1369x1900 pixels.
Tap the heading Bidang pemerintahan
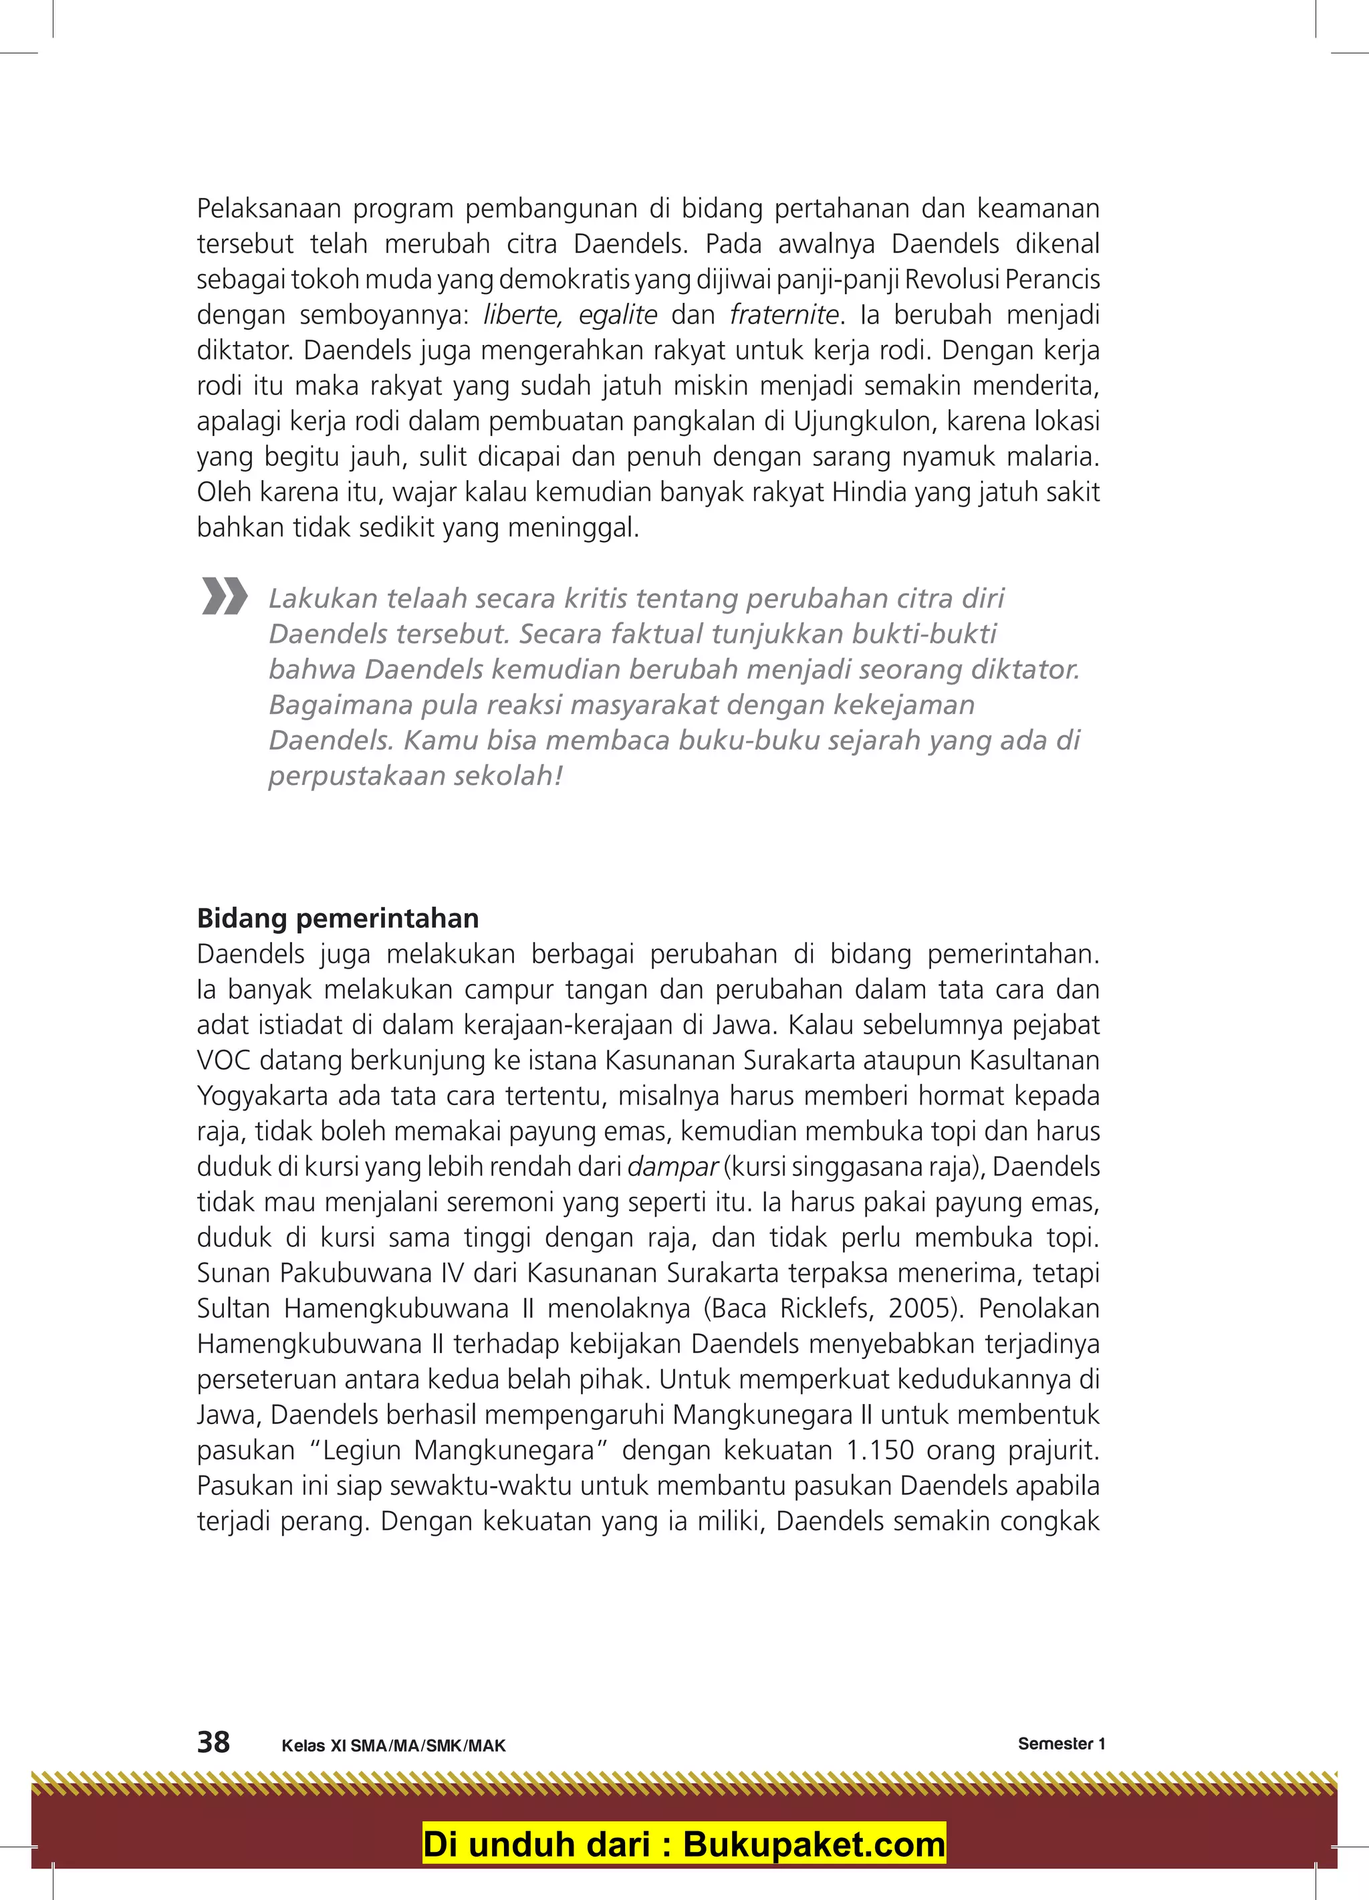pyautogui.click(x=338, y=919)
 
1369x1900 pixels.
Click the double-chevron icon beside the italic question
pyautogui.click(x=225, y=596)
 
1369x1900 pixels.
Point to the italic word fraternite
pyautogui.click(x=784, y=315)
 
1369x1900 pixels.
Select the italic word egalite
pyautogui.click(x=618, y=315)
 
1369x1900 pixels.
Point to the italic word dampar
pyautogui.click(x=672, y=1167)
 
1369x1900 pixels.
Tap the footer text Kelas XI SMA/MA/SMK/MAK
pyautogui.click(x=394, y=1746)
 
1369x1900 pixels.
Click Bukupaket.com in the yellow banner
pyautogui.click(x=814, y=1845)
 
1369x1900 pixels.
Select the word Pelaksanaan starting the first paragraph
pyautogui.click(x=269, y=209)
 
